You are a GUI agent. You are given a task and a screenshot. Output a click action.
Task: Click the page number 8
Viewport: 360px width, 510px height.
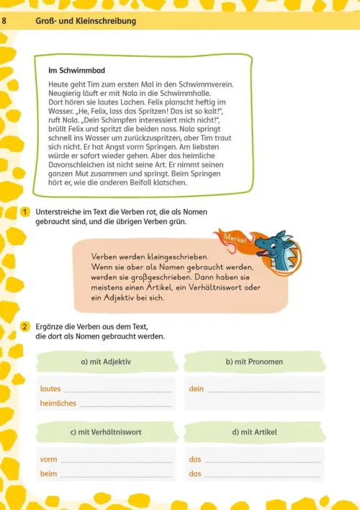tap(6, 22)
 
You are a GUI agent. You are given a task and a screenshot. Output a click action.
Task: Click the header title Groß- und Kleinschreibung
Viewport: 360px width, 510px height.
tap(86, 22)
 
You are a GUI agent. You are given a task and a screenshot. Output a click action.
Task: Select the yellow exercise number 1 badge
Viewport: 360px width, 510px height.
tap(24, 212)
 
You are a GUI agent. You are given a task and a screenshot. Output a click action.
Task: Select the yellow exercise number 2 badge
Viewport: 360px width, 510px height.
tap(24, 327)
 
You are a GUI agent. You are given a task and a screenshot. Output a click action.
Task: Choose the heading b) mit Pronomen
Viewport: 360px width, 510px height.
tap(253, 361)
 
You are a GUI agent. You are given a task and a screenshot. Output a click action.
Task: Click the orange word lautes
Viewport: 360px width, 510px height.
tap(50, 389)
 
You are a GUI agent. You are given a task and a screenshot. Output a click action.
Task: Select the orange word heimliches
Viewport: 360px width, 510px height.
tap(58, 403)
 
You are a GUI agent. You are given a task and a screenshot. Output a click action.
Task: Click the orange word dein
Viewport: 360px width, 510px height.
tap(196, 389)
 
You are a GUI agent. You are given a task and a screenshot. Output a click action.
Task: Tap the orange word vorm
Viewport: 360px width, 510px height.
tap(49, 460)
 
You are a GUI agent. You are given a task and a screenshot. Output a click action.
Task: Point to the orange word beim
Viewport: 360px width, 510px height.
tap(49, 474)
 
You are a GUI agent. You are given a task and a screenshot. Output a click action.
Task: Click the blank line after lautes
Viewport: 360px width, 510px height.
tap(118, 391)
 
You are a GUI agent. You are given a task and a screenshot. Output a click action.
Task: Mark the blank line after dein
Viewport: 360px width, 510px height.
tap(264, 391)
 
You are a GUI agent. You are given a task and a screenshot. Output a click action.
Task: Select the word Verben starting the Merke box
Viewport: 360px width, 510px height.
tap(105, 256)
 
